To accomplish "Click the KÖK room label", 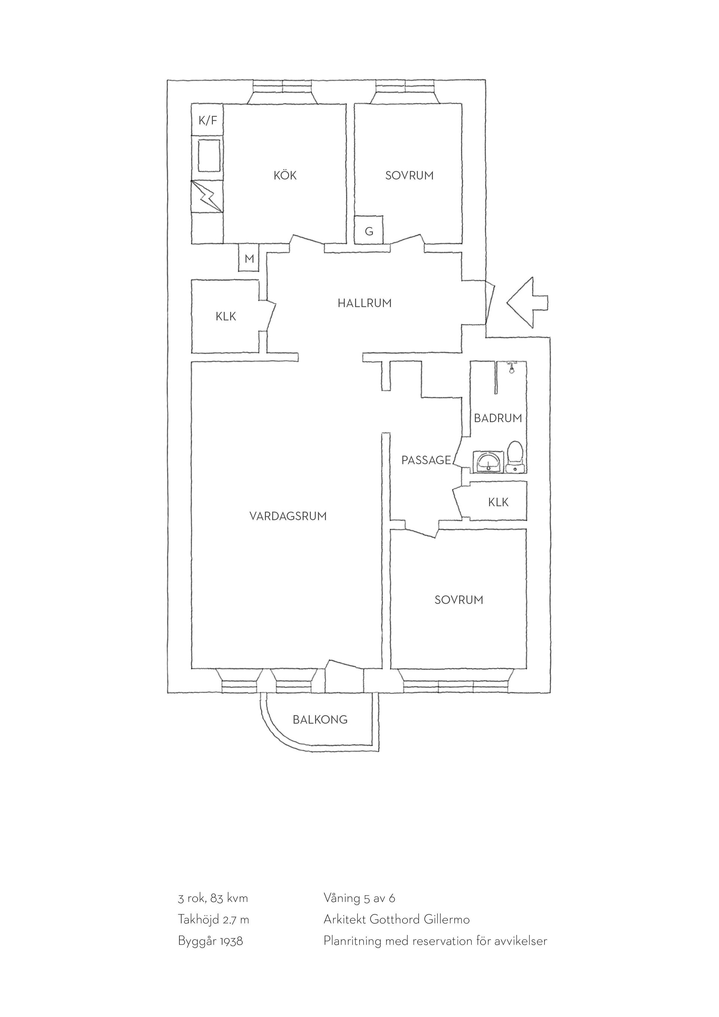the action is click(x=285, y=175).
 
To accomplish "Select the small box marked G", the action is click(x=369, y=230).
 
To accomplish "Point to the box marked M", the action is click(x=249, y=258).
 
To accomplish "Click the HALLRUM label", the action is click(x=364, y=303).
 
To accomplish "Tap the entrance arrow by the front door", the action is click(x=527, y=303).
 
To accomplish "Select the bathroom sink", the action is click(x=488, y=462).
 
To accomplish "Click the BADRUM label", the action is click(x=498, y=418).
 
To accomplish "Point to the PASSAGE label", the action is click(x=426, y=460).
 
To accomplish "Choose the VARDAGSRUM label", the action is click(x=288, y=516).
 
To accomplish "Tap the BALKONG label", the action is click(x=320, y=720).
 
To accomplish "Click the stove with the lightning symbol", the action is click(x=207, y=196).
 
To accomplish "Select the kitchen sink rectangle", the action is click(x=209, y=155).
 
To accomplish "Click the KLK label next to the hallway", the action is click(x=226, y=317).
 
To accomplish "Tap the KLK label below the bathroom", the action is click(x=498, y=502).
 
